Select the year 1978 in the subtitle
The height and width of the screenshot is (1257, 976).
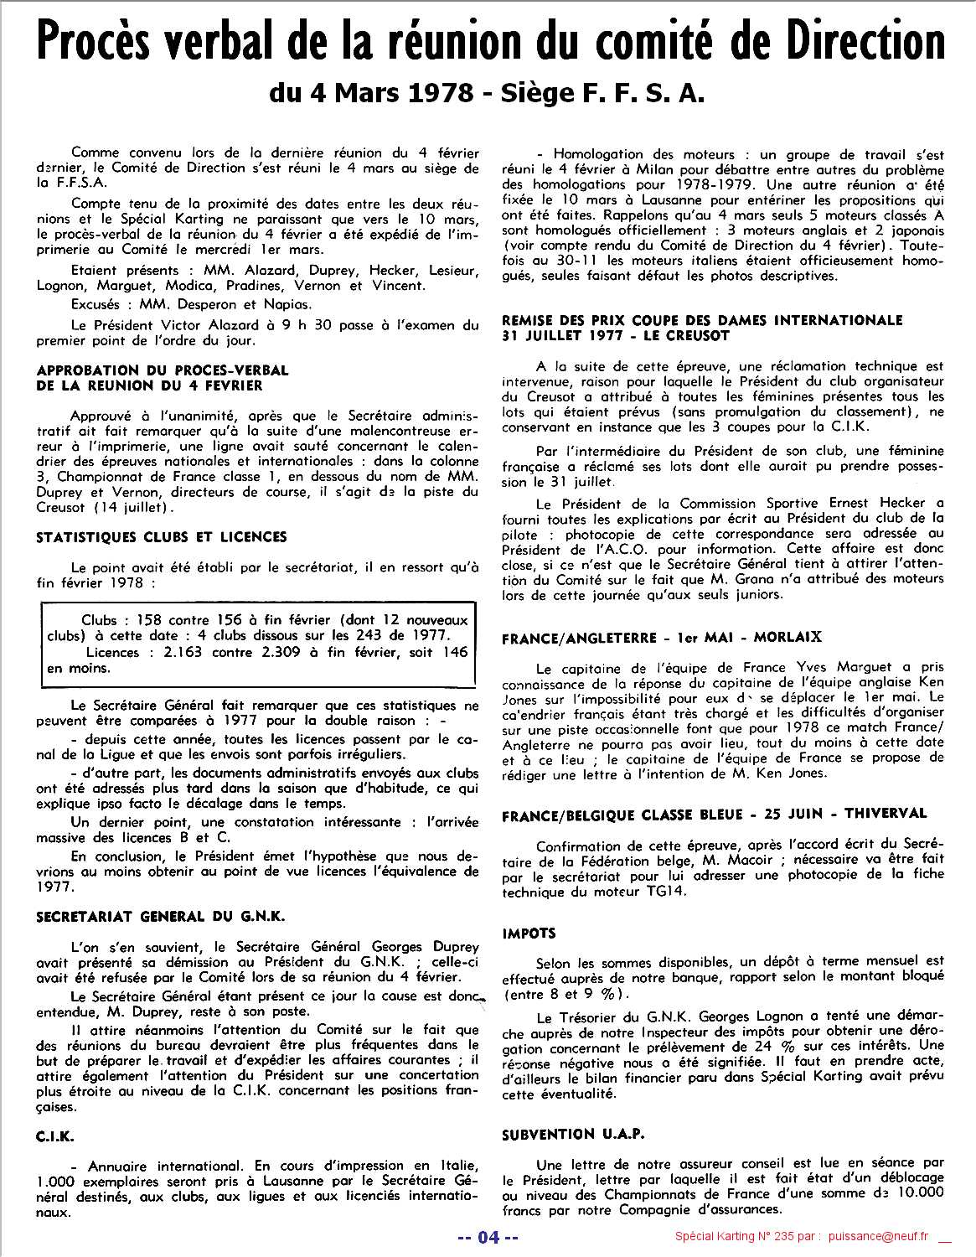(x=443, y=93)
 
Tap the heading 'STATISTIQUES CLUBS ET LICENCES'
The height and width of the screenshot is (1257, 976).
(x=162, y=537)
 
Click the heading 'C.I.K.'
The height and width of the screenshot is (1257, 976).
(x=55, y=1136)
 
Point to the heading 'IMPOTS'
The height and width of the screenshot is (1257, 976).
(x=529, y=933)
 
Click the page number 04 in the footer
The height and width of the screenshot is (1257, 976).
(x=488, y=1237)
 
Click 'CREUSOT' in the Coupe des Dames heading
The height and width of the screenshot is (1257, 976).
(x=699, y=335)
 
